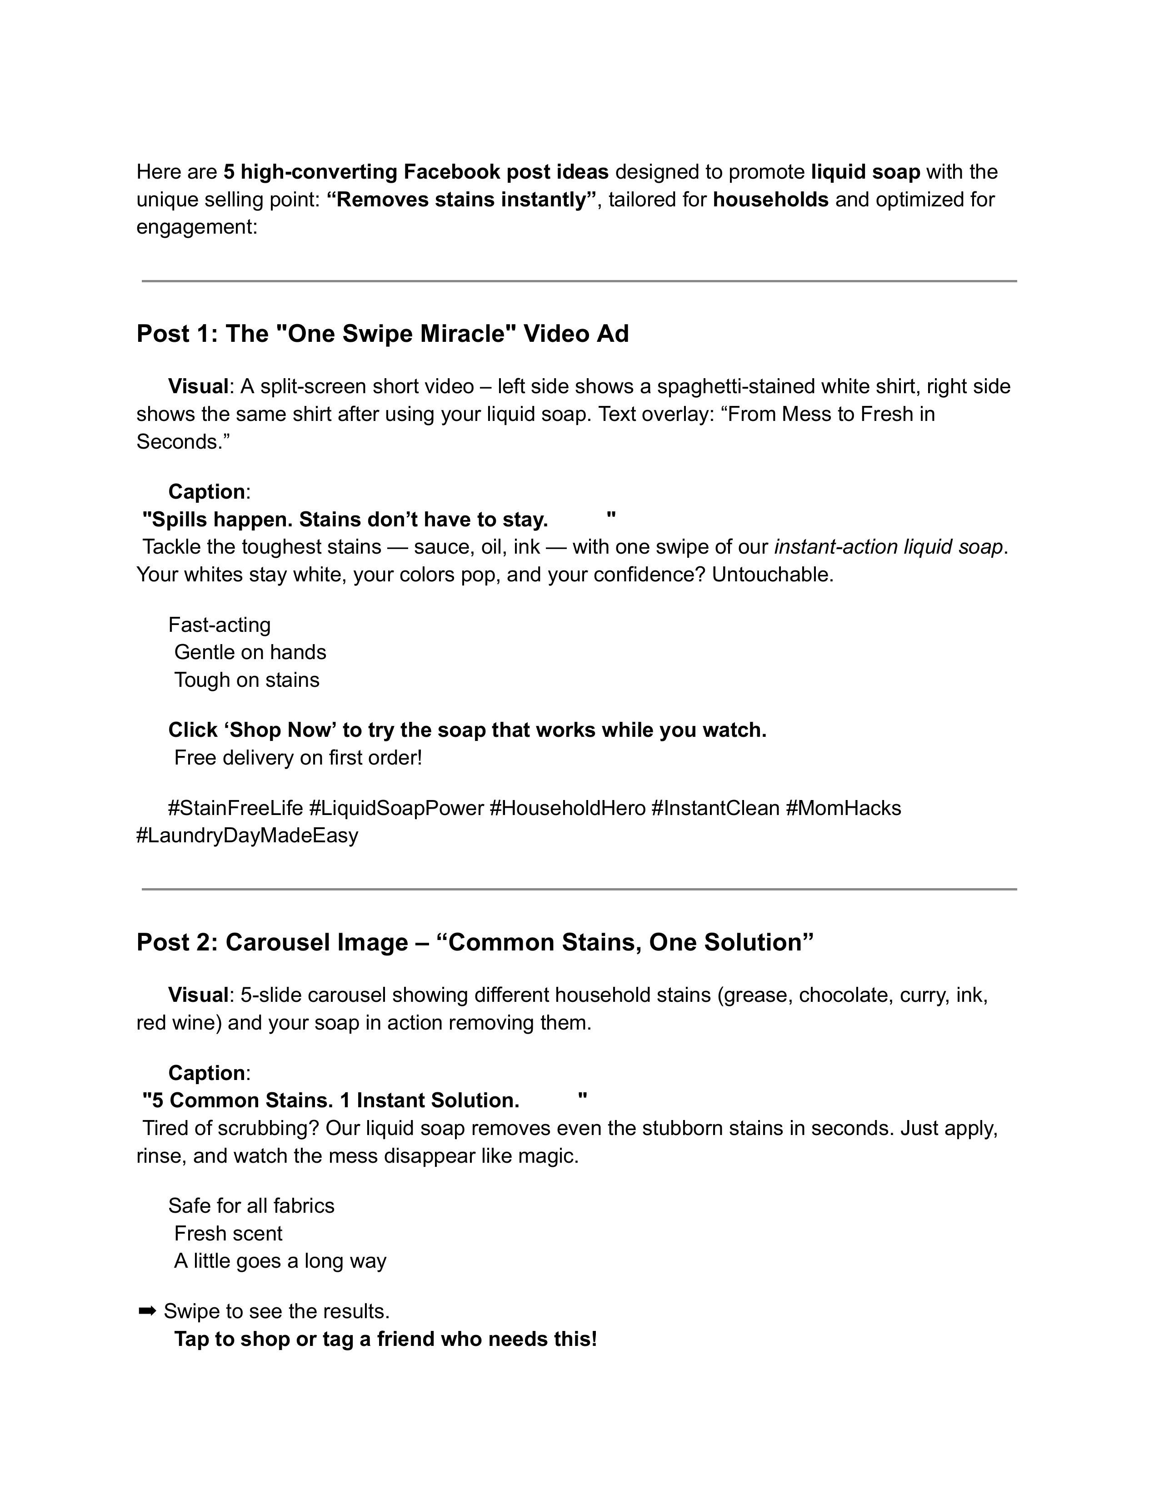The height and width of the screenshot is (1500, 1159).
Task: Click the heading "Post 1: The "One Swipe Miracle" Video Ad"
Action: pos(382,334)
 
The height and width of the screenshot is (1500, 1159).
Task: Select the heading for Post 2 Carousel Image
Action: pos(475,942)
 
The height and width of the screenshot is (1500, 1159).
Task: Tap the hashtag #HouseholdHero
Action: pos(567,808)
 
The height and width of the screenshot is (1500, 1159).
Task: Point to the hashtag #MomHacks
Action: pos(843,808)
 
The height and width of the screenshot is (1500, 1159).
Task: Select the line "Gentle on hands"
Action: pos(250,652)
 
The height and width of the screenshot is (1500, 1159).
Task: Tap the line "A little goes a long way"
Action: pos(280,1260)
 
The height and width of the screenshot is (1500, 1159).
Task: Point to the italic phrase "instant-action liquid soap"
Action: pos(889,547)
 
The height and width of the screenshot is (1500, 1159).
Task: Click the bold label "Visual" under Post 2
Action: pos(198,995)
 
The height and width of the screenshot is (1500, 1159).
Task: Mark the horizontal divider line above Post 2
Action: pos(579,890)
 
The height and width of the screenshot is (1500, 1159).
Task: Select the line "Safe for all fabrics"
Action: pos(251,1205)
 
